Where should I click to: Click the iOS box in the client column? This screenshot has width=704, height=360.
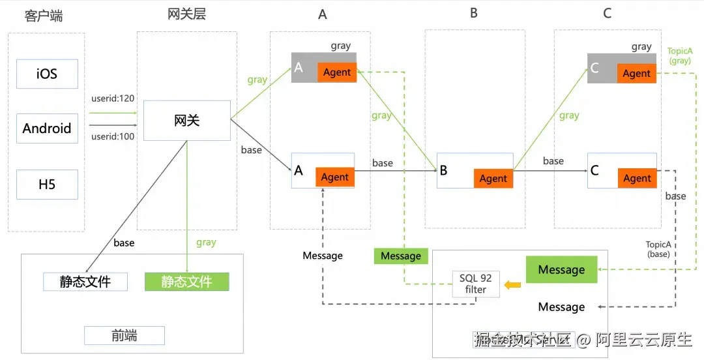(x=47, y=74)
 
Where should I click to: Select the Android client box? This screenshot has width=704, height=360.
(x=47, y=128)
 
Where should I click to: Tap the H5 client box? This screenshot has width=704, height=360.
(x=47, y=185)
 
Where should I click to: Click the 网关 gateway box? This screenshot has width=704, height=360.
(x=186, y=120)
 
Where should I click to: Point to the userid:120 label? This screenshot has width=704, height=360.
(x=113, y=98)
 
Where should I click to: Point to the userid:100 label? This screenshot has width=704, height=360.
(x=113, y=136)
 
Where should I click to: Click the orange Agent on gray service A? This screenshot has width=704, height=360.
(x=337, y=72)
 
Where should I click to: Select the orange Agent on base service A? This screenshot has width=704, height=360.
(x=335, y=177)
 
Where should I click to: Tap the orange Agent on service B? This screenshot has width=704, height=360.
(x=493, y=178)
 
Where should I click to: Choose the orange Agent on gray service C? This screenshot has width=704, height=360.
(x=637, y=74)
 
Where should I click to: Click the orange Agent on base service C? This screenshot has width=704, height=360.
(x=637, y=178)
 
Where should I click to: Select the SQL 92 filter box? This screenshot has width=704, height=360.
(x=477, y=284)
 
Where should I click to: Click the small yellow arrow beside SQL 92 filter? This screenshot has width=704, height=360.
(x=513, y=284)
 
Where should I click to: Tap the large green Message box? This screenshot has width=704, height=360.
(x=561, y=270)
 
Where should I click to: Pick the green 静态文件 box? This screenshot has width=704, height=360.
(x=187, y=282)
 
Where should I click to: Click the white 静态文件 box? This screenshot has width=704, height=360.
(x=85, y=282)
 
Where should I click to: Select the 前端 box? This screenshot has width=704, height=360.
(x=124, y=336)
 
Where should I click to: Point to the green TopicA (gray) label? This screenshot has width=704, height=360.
(x=681, y=55)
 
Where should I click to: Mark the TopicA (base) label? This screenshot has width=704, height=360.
(x=658, y=249)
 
